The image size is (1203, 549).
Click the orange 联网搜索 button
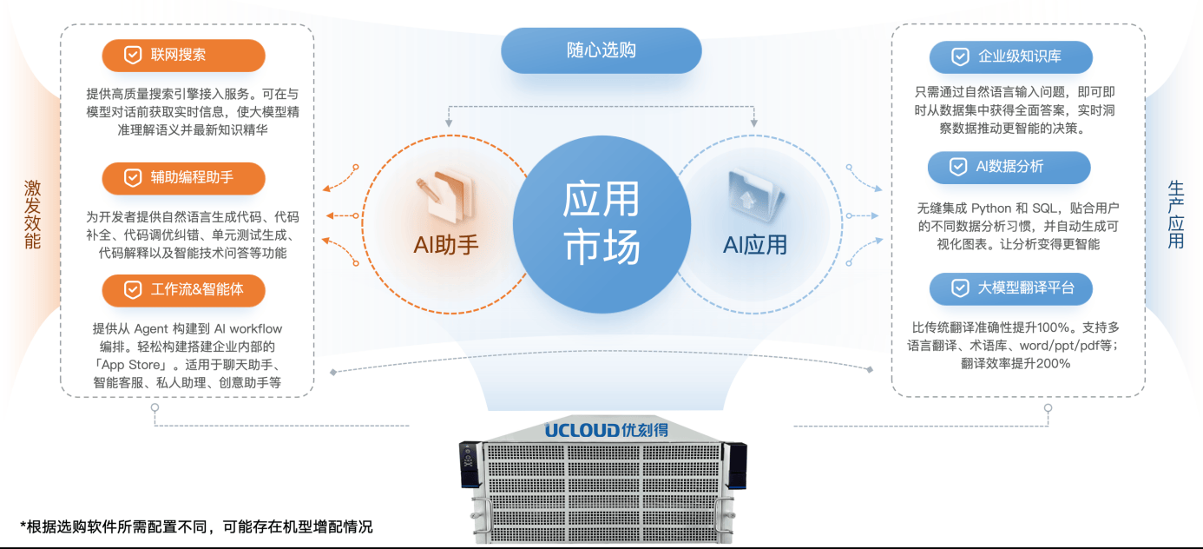coord(183,56)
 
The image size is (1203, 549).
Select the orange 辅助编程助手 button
coord(183,177)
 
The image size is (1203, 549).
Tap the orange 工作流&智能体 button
coord(183,290)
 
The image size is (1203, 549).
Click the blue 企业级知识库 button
coord(1010,57)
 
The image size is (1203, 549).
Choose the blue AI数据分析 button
coord(1009,167)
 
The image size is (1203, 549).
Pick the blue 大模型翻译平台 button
coord(1010,288)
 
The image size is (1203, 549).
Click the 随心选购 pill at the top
coord(601,50)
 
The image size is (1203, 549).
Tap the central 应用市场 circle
coord(601,222)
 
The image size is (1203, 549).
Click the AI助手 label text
coord(446,245)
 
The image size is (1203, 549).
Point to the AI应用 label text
coord(754,245)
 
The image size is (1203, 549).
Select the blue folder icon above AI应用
coord(753,193)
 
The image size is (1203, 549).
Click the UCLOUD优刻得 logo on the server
coord(601,430)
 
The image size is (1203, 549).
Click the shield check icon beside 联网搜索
coord(132,56)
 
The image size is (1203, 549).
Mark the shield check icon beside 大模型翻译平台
coord(960,288)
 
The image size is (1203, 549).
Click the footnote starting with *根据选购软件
coord(196,526)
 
